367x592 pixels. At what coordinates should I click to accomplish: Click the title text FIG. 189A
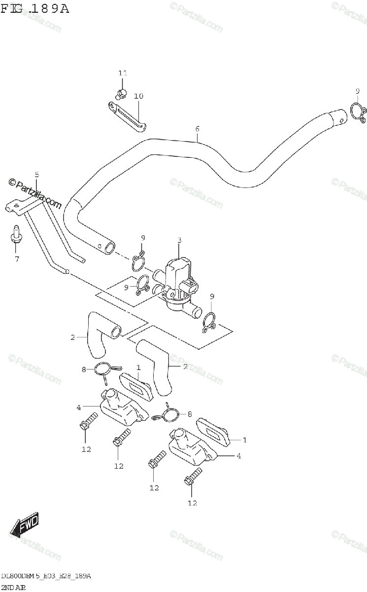coord(35,9)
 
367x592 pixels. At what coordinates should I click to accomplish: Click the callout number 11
coord(123,73)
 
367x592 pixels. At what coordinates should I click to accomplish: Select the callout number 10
coord(138,96)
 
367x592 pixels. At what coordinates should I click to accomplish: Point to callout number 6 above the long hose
coord(197,129)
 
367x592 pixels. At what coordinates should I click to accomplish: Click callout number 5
coord(36,175)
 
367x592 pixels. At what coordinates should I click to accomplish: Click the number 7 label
coord(17,259)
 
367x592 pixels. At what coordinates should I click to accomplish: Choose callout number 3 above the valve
coord(179,240)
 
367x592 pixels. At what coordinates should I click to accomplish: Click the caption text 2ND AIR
coord(14,587)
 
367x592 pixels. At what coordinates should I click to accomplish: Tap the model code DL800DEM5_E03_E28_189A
coord(46,576)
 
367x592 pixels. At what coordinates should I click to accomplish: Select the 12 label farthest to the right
coord(192,503)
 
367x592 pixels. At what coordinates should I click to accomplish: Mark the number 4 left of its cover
coord(78,407)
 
